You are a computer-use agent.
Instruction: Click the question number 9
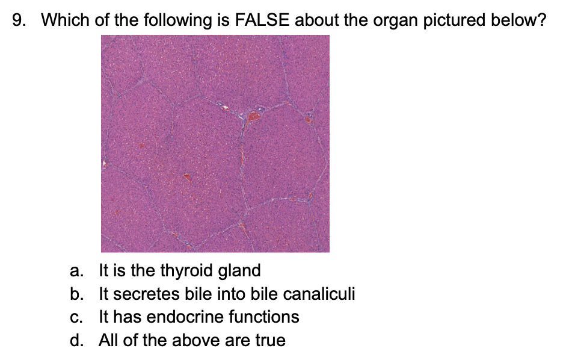pyautogui.click(x=19, y=20)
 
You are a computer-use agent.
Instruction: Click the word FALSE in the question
pyautogui.click(x=262, y=20)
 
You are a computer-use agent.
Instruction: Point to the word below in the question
pyautogui.click(x=518, y=20)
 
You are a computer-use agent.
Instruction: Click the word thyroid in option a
pyautogui.click(x=186, y=272)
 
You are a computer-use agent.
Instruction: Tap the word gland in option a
pyautogui.click(x=239, y=271)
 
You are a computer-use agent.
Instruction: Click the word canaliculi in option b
pyautogui.click(x=319, y=294)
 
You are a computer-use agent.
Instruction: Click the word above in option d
pyautogui.click(x=191, y=340)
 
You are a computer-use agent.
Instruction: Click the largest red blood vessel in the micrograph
pyautogui.click(x=254, y=116)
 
